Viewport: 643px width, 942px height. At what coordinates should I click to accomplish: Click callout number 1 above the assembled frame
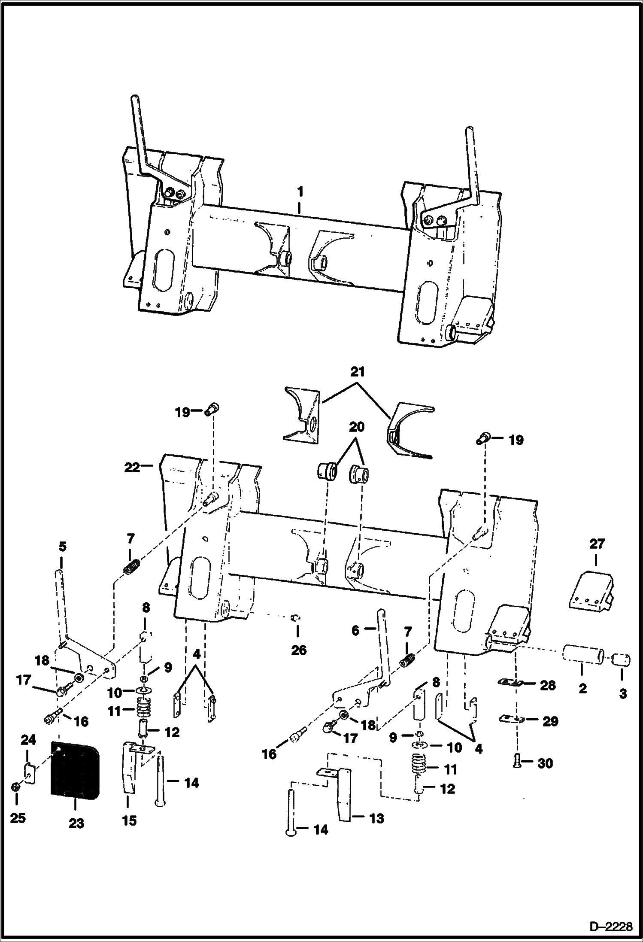pos(300,191)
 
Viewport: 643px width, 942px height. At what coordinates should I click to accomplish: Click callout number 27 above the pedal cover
pos(597,544)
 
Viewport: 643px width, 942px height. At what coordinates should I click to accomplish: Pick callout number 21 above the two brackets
pos(358,372)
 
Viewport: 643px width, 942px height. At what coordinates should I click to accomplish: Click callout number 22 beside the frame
pos(132,467)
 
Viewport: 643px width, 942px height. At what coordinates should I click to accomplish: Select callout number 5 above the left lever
pos(62,547)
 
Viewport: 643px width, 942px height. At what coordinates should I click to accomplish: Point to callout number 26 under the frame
pos(299,650)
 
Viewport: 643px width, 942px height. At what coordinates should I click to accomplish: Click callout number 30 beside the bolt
pos(545,763)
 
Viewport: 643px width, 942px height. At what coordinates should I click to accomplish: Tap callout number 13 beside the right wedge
pos(376,819)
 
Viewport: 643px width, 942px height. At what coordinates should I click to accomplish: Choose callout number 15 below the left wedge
pos(129,820)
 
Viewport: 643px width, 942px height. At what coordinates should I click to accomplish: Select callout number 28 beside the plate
pos(548,685)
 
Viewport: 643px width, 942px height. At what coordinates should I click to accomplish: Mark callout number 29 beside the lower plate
pos(551,721)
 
